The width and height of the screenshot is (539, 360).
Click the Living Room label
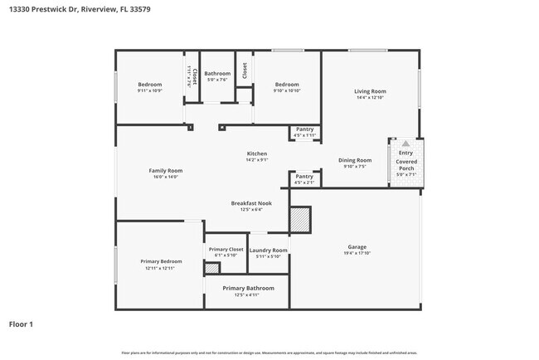coord(370,91)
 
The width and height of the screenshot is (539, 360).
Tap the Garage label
coord(357,247)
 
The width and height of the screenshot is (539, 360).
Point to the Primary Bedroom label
coord(161,261)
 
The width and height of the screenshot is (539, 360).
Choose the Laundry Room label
coord(268,250)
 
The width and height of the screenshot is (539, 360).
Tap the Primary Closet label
coord(226,249)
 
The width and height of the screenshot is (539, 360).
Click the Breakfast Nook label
coord(251,203)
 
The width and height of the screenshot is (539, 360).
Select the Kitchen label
coord(256,154)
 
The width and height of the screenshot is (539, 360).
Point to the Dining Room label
coord(355,160)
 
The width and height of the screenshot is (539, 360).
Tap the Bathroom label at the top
coord(217,74)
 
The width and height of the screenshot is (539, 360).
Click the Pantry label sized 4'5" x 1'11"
coord(304,129)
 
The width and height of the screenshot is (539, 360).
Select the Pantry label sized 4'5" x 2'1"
coord(304,177)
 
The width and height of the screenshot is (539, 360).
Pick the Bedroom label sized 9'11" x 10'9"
coord(149,84)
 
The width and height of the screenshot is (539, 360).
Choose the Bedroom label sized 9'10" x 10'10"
coord(287,84)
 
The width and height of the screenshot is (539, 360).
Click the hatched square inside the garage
coord(299,219)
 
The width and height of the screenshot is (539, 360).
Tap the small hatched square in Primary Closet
coord(211,268)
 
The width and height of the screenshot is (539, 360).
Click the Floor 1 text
coord(22,324)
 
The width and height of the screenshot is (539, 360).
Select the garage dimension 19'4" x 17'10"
coord(357,253)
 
